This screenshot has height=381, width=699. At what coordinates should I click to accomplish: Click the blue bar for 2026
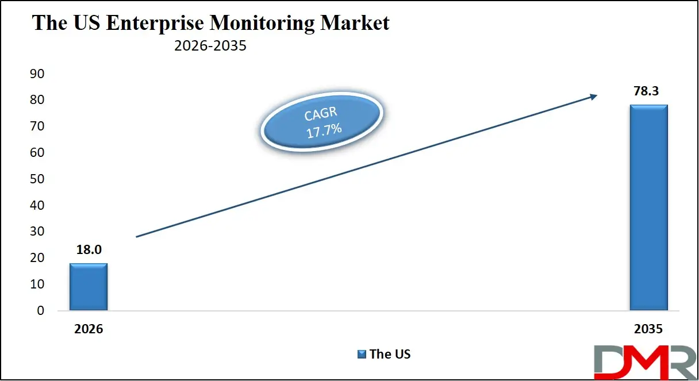(88, 287)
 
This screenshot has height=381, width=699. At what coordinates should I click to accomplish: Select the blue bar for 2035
(648, 207)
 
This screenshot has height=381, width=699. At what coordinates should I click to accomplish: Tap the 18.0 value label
(88, 251)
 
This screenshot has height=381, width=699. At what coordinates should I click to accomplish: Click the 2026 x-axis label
(88, 329)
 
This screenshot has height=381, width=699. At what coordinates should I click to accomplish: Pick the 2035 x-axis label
(648, 329)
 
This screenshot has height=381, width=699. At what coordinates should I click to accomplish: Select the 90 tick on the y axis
(36, 74)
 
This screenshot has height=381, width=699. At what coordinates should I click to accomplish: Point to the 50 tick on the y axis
(36, 179)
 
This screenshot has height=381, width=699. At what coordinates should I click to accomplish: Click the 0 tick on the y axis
(40, 311)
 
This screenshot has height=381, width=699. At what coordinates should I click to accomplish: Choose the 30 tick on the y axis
(36, 232)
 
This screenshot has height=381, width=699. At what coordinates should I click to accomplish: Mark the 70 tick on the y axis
(36, 126)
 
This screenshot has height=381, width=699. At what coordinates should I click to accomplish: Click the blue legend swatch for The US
(362, 354)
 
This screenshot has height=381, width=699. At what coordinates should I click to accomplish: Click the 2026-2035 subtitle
(210, 45)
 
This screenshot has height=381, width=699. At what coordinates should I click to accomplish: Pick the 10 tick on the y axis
(36, 284)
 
